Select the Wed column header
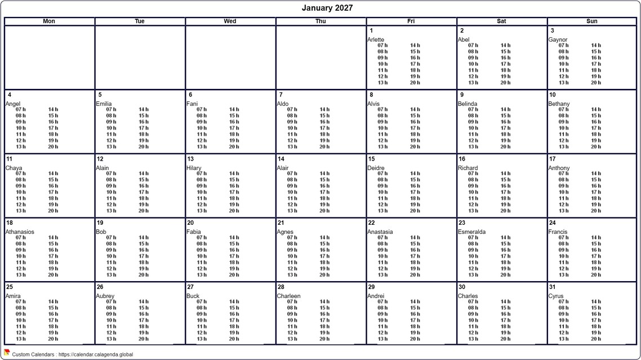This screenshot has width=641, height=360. tap(230, 21)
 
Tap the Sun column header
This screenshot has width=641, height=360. tap(591, 21)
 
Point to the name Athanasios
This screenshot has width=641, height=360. tap(20, 232)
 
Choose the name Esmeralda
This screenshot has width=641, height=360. tap(472, 232)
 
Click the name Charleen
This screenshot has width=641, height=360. tap(288, 296)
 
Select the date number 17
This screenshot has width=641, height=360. tap(553, 159)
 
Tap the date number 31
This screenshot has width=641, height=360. tap(553, 287)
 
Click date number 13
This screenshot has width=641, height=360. tap(191, 159)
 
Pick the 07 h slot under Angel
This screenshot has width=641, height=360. tap(21, 109)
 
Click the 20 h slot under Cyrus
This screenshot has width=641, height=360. tap(596, 339)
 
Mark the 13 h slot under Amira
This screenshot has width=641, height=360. tap(21, 339)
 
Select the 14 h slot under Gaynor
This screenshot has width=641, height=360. tap(596, 45)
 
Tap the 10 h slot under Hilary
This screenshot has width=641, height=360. tap(202, 192)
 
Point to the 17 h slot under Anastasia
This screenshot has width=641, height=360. tap(415, 256)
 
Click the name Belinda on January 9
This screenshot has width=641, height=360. tap(468, 104)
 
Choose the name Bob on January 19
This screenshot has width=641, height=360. tap(101, 232)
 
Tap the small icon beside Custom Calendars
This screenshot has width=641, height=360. tap(7, 353)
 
